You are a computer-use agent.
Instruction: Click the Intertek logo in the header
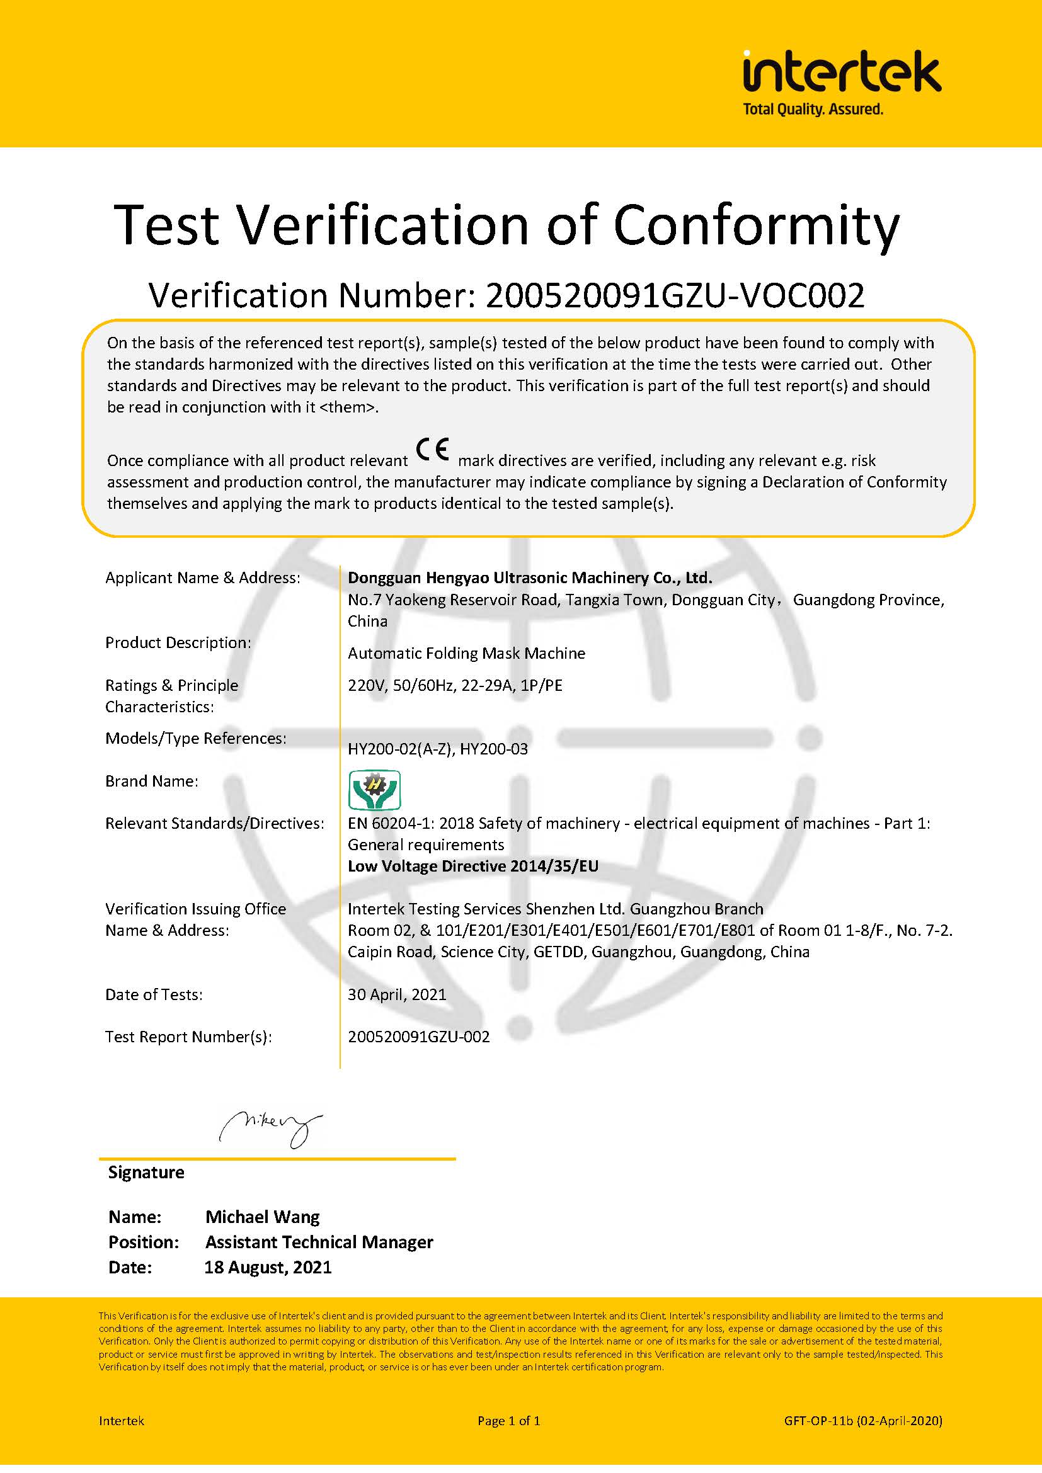click(841, 72)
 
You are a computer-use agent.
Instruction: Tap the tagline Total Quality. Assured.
click(812, 110)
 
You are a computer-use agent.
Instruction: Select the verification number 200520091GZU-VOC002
click(674, 296)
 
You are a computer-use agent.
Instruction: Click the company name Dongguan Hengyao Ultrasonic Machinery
click(529, 577)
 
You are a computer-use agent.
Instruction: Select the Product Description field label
click(178, 642)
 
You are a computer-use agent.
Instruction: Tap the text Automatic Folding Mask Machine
click(466, 653)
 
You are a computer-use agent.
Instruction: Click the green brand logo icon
click(374, 790)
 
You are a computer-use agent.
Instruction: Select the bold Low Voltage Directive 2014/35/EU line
click(473, 866)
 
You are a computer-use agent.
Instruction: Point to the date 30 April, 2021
click(396, 994)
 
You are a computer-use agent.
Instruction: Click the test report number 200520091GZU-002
click(418, 1037)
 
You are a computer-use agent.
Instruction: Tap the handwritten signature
click(270, 1128)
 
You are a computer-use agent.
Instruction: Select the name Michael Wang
click(263, 1217)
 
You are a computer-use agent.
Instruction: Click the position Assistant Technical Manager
click(319, 1242)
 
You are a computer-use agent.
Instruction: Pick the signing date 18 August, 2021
click(268, 1267)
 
